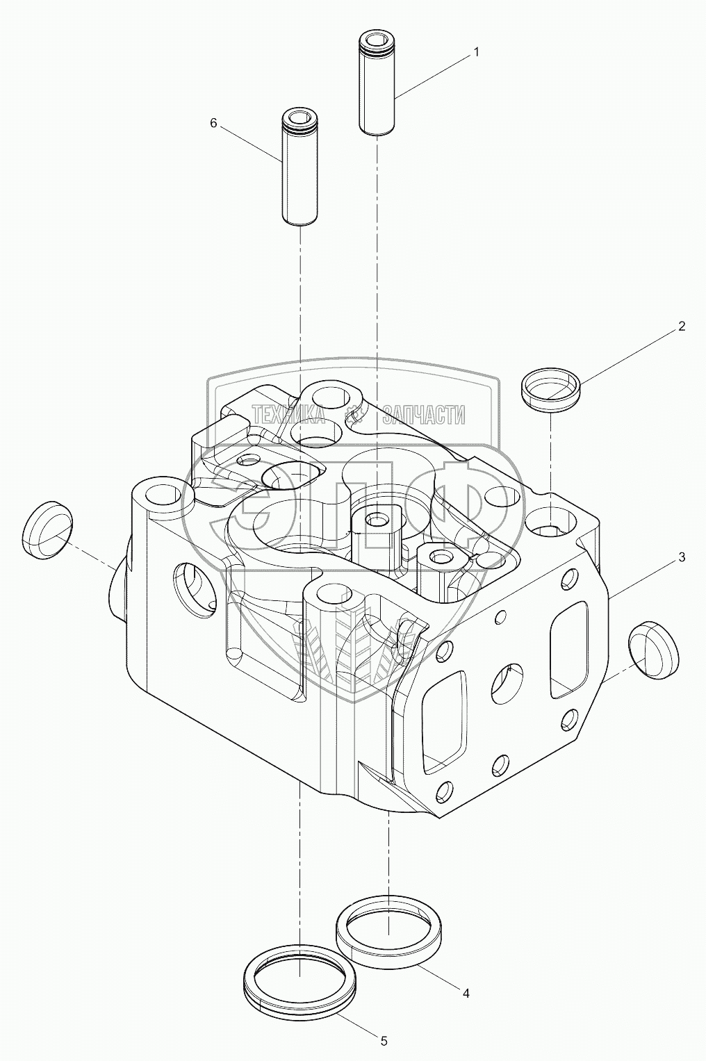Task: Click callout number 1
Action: (x=476, y=51)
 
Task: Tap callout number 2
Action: (x=682, y=326)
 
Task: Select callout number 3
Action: (x=682, y=557)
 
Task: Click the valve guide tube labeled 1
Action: (x=377, y=84)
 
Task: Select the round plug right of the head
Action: (x=653, y=650)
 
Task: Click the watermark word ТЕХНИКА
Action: (x=288, y=416)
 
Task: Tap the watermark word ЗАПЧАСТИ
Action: (x=424, y=416)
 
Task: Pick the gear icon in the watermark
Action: (x=354, y=416)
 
